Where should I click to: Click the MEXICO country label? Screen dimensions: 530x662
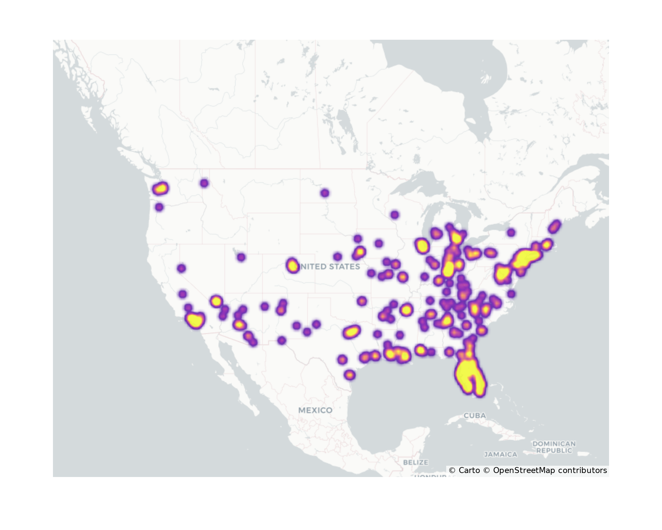[315, 410]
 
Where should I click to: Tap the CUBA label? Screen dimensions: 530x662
[475, 415]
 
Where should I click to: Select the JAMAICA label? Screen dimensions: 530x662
[500, 454]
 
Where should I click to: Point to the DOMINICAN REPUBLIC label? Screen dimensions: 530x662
[554, 447]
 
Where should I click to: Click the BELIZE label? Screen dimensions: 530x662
[415, 462]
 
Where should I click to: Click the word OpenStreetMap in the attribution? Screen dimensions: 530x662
[524, 470]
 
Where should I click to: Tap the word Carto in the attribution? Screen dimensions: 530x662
[469, 470]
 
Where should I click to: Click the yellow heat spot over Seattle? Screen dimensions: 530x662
[161, 189]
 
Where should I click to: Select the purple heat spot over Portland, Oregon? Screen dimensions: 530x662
[159, 207]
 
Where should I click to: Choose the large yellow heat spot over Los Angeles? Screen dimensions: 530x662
[195, 320]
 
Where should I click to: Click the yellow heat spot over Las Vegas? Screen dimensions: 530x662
[216, 301]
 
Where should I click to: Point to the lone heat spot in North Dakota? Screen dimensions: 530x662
[325, 193]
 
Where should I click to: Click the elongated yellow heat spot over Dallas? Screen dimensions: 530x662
[351, 331]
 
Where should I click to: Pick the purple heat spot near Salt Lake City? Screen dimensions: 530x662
[241, 257]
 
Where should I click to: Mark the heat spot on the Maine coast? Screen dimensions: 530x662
[554, 227]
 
